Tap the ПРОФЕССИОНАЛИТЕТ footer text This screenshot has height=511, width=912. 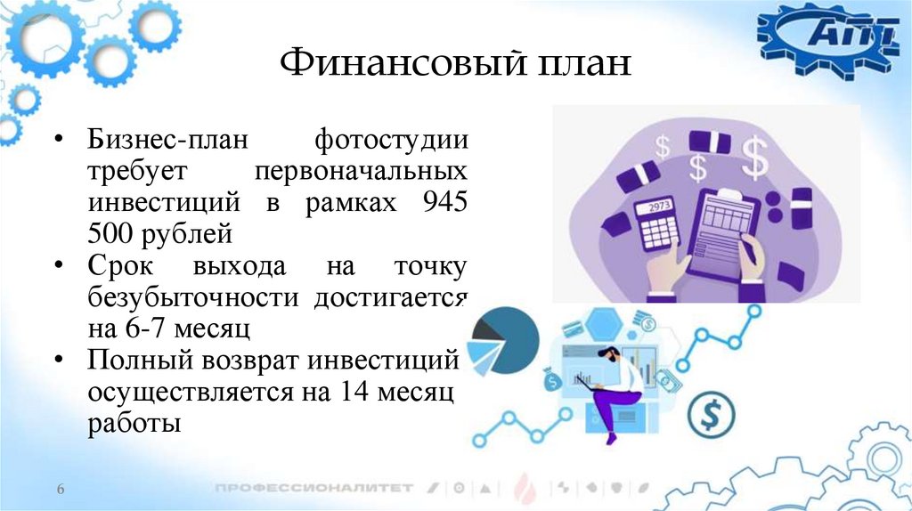pyautogui.click(x=313, y=488)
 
